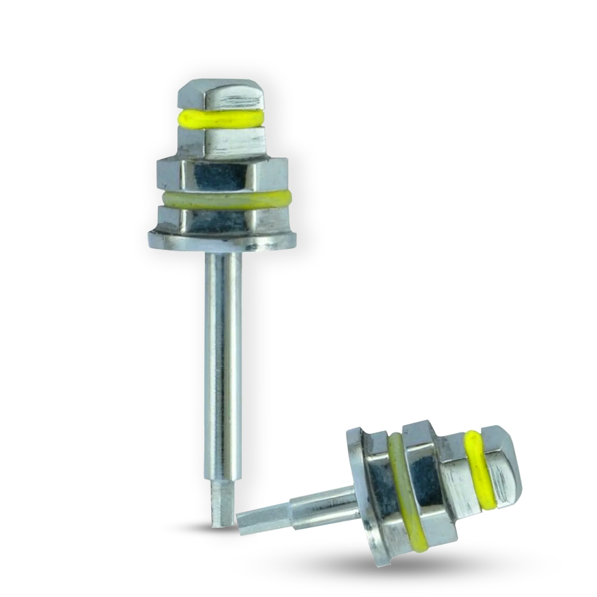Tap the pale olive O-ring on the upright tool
coord(224,199)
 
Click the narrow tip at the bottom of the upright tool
coord(221,507)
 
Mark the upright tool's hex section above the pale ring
coord(223,174)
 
